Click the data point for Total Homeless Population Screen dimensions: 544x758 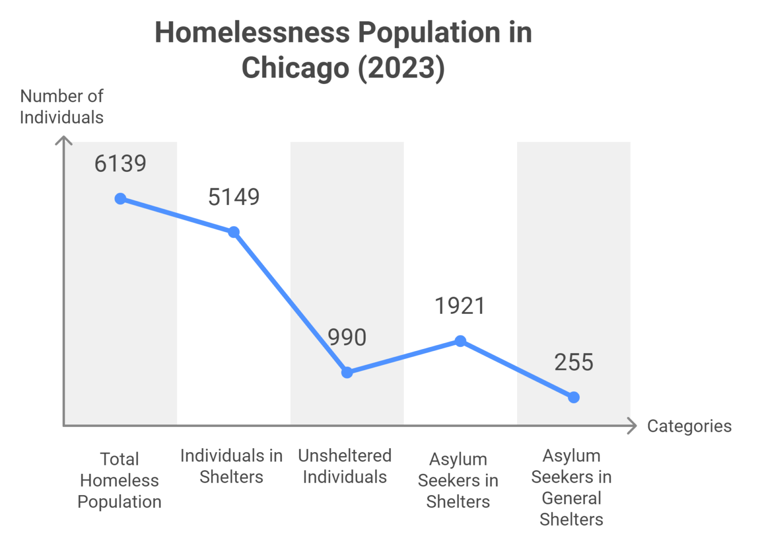point(120,199)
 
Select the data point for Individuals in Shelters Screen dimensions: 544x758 point(234,232)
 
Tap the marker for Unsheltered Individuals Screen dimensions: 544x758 point(347,373)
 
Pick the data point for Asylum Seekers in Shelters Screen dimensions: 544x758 point(460,341)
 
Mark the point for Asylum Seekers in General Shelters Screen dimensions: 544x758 point(573,397)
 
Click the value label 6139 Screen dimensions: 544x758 point(120,164)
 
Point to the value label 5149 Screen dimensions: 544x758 point(234,197)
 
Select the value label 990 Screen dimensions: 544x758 point(347,337)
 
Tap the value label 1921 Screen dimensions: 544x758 point(460,306)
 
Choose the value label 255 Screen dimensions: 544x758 point(573,362)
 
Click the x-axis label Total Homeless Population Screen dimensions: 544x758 point(119,480)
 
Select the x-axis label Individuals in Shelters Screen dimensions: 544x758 point(231,466)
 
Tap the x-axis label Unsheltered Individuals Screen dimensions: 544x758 point(345,466)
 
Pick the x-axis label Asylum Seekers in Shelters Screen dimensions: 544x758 point(458,480)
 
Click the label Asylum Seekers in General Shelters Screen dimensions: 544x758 point(571,487)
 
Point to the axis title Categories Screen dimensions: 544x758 point(689,426)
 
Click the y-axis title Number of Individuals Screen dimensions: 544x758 point(62,107)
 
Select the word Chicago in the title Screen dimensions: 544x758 point(295,68)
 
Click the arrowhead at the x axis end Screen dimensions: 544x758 point(632,425)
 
